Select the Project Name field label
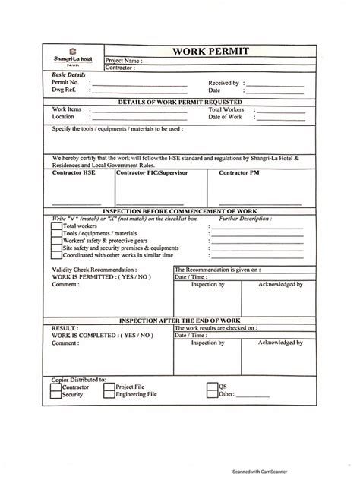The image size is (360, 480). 123,61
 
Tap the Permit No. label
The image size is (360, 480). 65,82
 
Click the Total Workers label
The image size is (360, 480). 226,109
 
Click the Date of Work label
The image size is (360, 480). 226,117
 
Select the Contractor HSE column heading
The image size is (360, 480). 74,173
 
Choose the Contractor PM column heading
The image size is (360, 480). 238,173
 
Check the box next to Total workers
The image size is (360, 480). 56,226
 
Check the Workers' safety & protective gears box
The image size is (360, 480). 56,241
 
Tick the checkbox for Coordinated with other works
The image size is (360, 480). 56,256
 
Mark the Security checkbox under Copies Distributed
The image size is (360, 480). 55,395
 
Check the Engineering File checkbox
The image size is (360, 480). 109,395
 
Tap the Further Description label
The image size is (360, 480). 244,218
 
